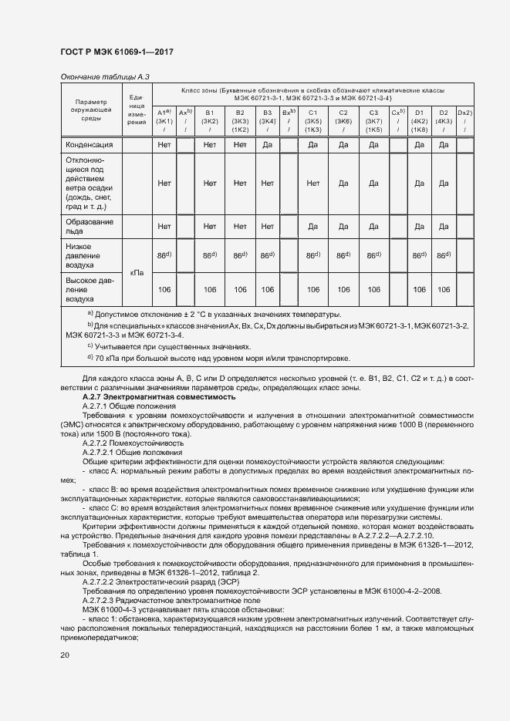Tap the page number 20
pyautogui.click(x=65, y=655)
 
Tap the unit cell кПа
pyautogui.click(x=137, y=272)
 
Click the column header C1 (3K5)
pyautogui.click(x=312, y=121)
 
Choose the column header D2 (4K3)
pyautogui.click(x=444, y=121)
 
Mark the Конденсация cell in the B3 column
pyautogui.click(x=267, y=144)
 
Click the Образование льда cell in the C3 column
pyautogui.click(x=373, y=227)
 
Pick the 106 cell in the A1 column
pyautogui.click(x=164, y=289)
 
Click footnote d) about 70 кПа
pyautogui.click(x=218, y=359)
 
